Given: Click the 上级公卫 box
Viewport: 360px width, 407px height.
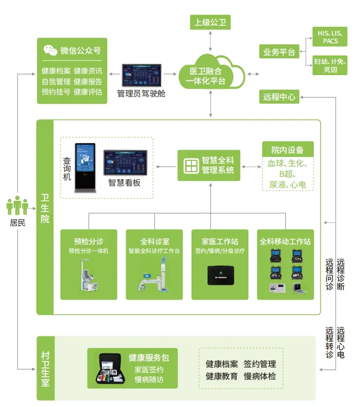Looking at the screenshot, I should click(x=210, y=22).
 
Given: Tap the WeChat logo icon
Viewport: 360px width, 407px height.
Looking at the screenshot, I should click(x=50, y=50).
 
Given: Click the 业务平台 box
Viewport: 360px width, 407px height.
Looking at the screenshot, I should click(x=279, y=52).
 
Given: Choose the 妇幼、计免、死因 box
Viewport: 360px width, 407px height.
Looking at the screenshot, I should click(x=330, y=66).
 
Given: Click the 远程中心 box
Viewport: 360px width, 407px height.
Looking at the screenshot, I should click(x=279, y=97).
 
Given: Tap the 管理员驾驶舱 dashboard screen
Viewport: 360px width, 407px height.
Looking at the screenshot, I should click(x=142, y=75).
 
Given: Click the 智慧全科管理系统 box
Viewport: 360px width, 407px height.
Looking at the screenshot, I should click(x=208, y=165).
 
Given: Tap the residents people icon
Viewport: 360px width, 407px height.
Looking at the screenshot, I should click(x=17, y=206).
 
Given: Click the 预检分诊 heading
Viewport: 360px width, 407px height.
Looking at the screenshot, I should click(x=89, y=242).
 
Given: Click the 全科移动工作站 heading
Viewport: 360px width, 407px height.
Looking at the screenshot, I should click(x=285, y=242).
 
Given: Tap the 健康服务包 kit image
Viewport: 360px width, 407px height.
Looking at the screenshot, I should click(x=109, y=368).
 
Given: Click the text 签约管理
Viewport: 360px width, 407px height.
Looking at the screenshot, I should click(x=260, y=364).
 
